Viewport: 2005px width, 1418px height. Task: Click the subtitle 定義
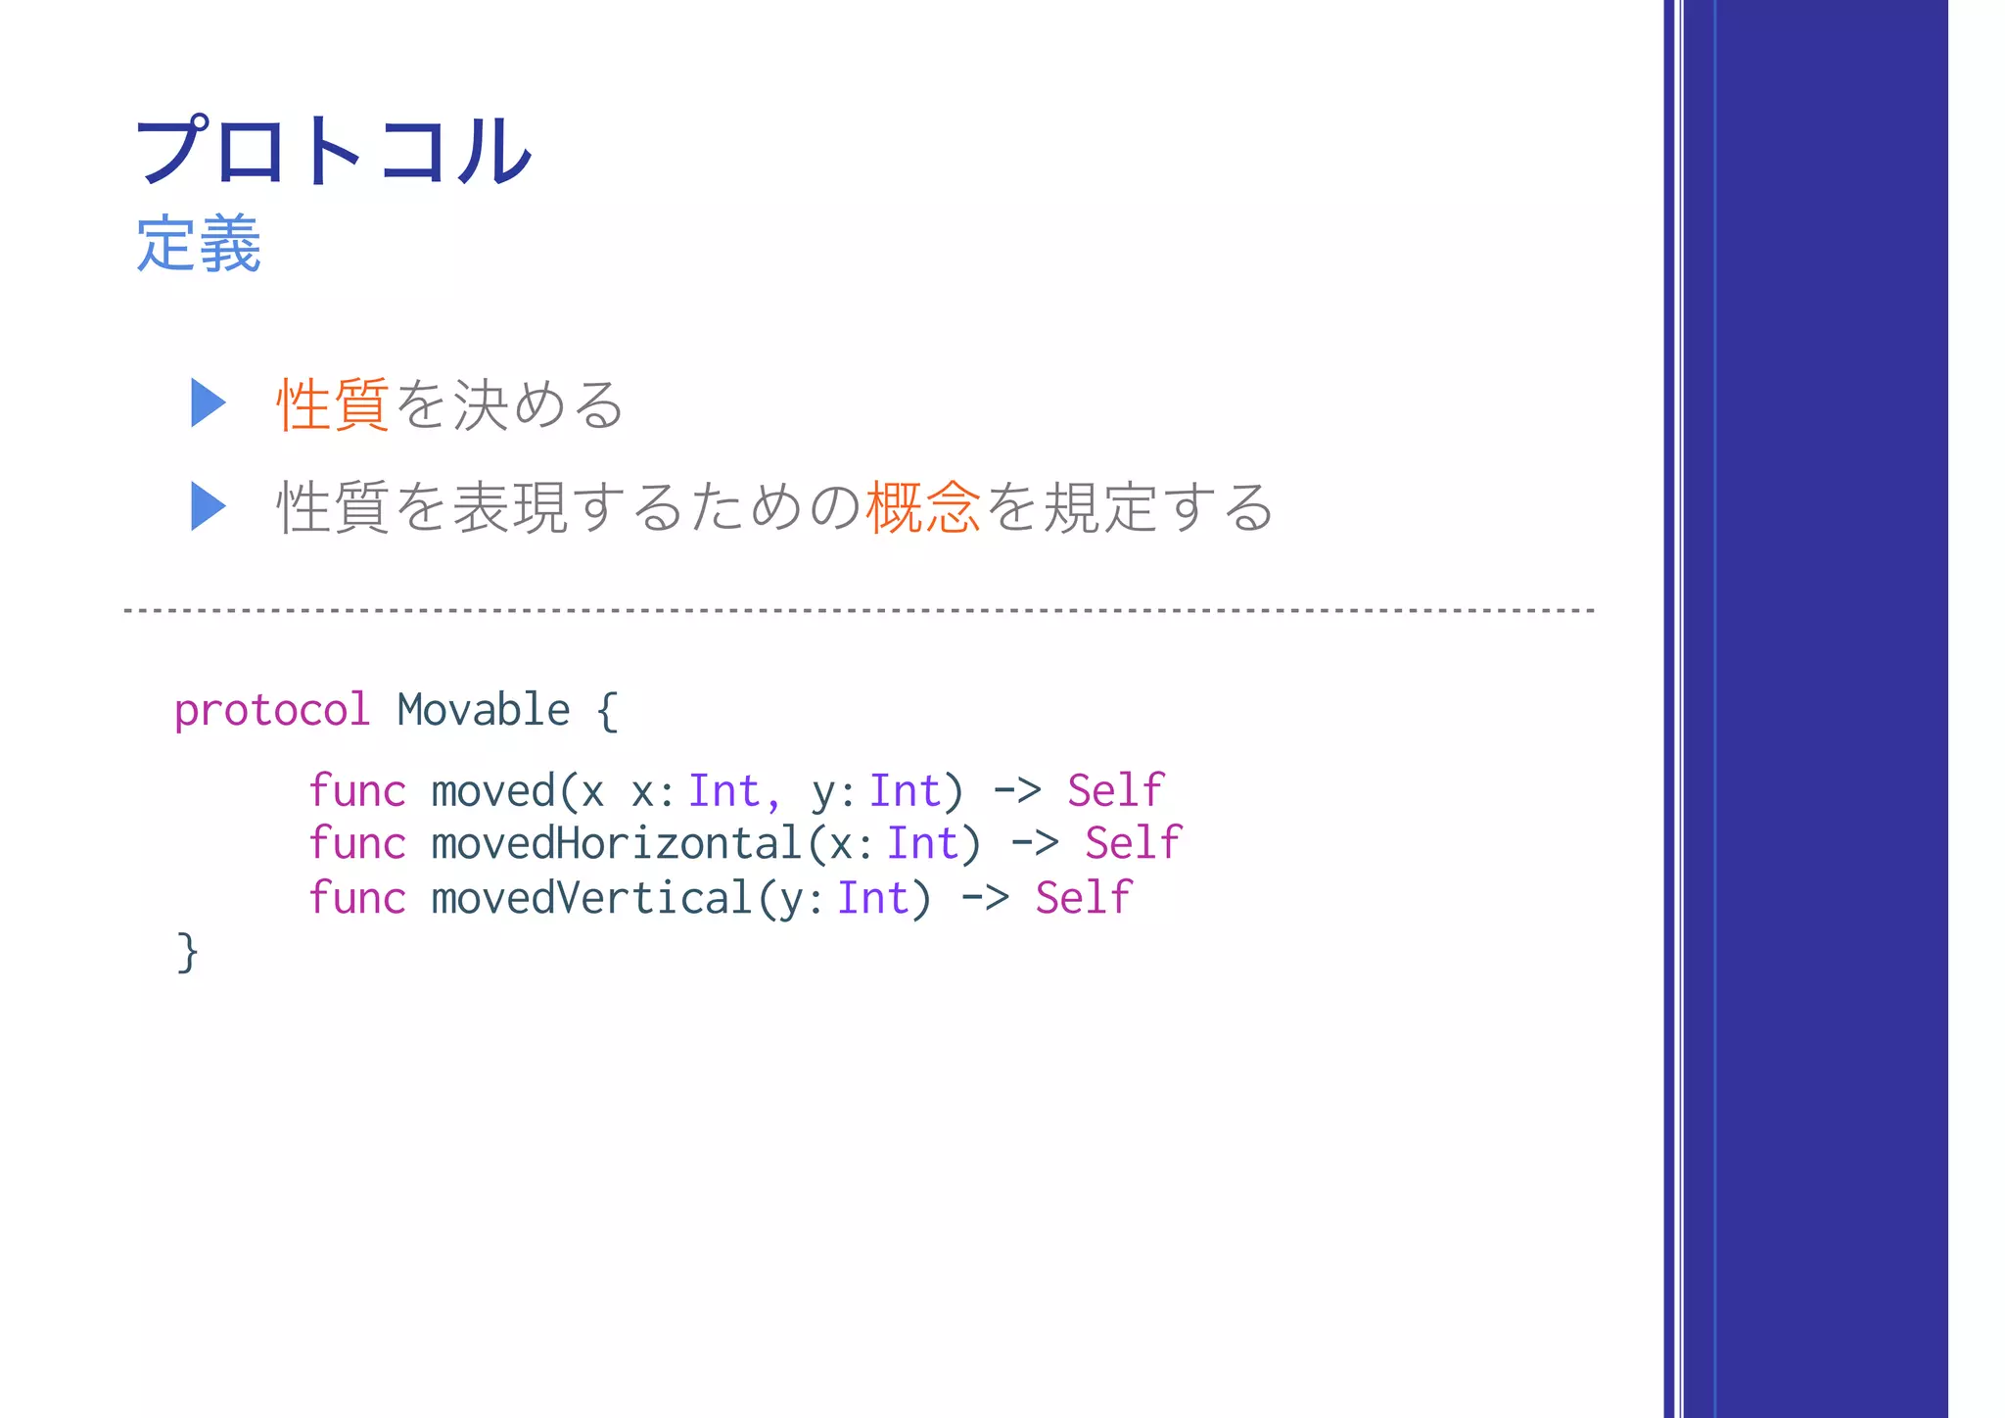pos(199,244)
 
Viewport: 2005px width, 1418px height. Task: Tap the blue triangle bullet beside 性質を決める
pos(208,402)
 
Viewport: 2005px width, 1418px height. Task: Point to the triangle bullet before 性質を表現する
pos(208,506)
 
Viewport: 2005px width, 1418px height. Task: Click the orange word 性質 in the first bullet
pos(333,404)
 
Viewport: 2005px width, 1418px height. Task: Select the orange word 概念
pos(922,507)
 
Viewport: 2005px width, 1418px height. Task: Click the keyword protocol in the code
pos(272,710)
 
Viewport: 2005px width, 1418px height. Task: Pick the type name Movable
pos(484,710)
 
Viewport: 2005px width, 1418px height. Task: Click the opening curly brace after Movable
pos(607,711)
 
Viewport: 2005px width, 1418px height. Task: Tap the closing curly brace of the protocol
pos(187,952)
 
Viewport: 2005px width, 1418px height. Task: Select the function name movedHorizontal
pos(617,844)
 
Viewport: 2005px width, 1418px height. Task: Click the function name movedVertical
pos(591,898)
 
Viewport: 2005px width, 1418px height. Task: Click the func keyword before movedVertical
pos(356,898)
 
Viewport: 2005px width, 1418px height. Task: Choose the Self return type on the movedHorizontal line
pos(1133,843)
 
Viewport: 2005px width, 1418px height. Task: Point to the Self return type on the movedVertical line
pos(1083,898)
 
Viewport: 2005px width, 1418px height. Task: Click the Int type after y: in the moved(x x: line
pos(905,791)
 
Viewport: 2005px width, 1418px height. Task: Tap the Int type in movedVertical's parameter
pos(872,898)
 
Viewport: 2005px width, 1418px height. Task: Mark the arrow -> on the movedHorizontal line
pos(1034,843)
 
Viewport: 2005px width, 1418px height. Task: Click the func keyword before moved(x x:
pos(356,791)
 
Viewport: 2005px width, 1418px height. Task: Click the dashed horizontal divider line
pos(860,611)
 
